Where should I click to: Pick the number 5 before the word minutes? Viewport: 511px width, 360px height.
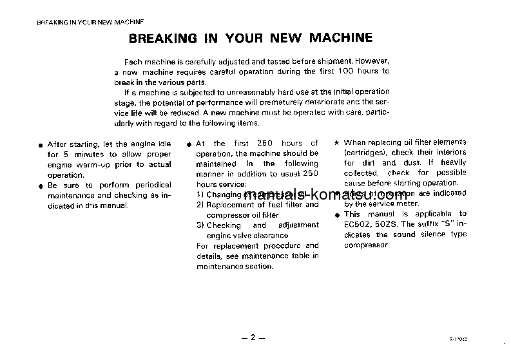[68, 155]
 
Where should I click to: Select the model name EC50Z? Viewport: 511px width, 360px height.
[359, 224]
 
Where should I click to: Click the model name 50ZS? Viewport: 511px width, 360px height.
[392, 224]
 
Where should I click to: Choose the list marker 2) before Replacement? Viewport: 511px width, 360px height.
[200, 205]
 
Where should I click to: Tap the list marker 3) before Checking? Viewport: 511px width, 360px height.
[200, 225]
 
